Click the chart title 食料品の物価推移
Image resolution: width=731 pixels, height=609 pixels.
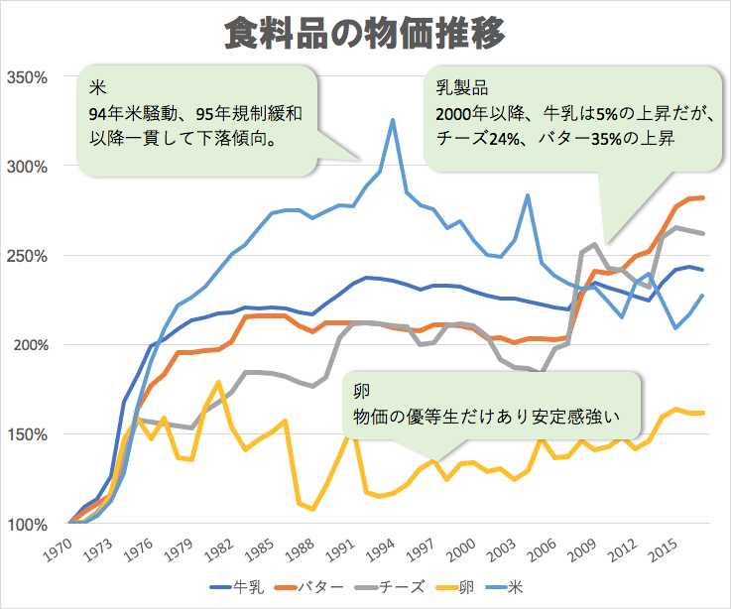coord(365,33)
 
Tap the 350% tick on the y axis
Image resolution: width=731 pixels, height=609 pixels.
coord(27,76)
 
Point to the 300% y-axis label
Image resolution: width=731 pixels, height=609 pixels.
coord(27,166)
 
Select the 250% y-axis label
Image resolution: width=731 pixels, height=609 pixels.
coord(27,256)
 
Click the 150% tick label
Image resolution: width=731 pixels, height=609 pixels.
coord(27,434)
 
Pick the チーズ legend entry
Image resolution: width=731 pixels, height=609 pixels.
coord(402,587)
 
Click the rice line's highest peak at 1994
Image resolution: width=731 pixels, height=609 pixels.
coord(393,120)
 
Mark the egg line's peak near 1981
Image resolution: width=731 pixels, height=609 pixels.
coord(217,382)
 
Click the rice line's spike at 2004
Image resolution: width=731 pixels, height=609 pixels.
coord(528,195)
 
